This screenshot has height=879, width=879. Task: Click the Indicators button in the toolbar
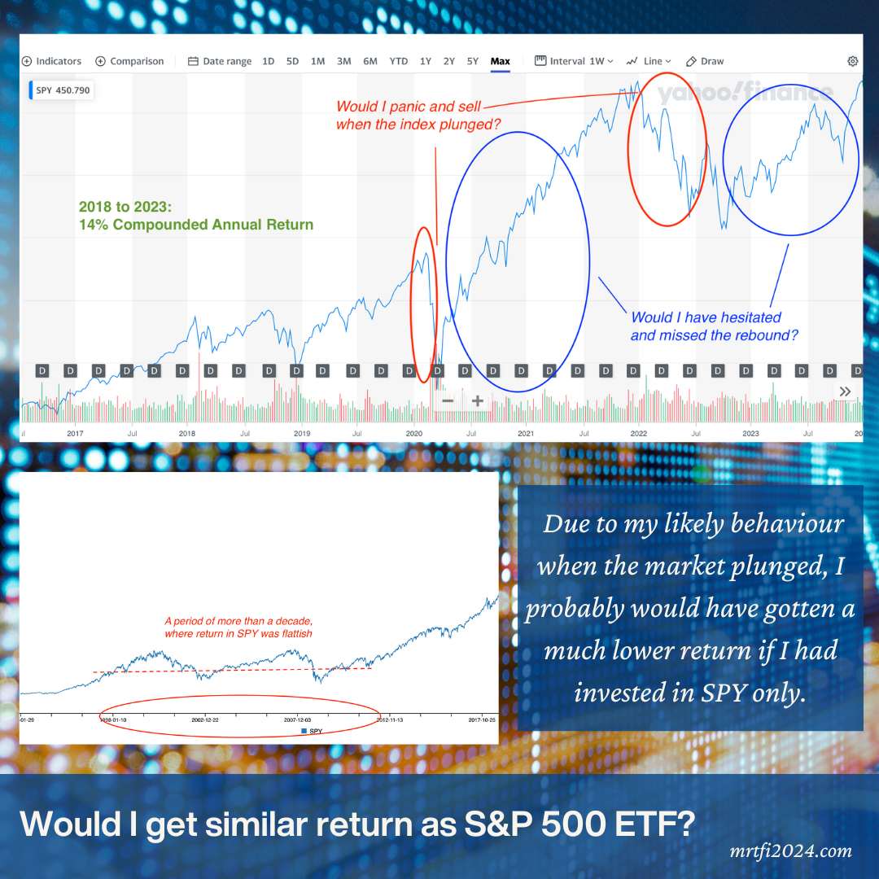(52, 61)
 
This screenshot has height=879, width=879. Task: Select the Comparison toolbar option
(130, 61)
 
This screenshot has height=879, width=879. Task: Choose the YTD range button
(399, 61)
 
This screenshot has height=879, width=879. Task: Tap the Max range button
(500, 61)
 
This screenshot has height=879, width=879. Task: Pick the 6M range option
(370, 61)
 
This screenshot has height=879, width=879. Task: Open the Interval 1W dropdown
(574, 61)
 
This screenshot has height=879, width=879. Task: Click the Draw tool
(705, 61)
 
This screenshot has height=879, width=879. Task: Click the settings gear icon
(852, 61)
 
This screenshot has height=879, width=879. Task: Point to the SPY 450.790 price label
(62, 90)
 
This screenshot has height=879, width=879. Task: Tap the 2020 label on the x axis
(414, 434)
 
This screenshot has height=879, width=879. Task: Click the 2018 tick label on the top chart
(187, 434)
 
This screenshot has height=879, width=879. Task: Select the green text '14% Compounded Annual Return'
(196, 225)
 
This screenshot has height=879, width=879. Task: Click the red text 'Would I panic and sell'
(409, 107)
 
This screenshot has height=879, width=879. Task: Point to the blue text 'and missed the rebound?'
(715, 335)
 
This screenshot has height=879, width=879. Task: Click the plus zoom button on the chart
(478, 400)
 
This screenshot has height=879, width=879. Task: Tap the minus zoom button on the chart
(448, 400)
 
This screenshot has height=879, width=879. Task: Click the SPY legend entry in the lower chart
(312, 732)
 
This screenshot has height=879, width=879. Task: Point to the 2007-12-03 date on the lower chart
(297, 720)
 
